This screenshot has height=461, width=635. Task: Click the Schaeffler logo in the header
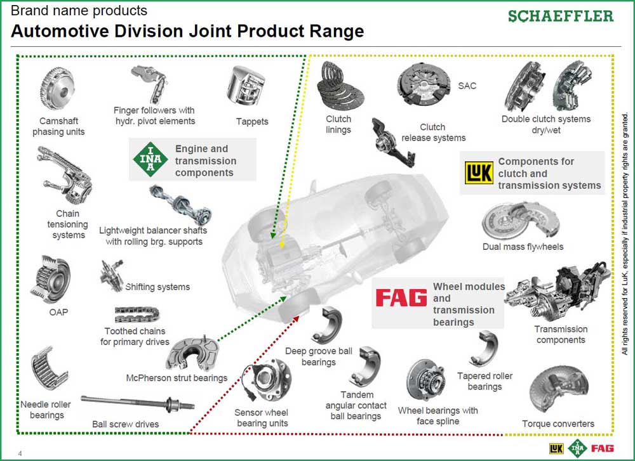[x=561, y=16]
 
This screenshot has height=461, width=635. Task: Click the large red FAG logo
[x=401, y=298]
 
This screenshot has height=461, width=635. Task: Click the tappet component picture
[x=244, y=91]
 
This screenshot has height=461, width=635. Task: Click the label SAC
[x=467, y=86]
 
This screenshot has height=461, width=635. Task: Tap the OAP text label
[x=58, y=312]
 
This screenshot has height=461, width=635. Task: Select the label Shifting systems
[x=157, y=287]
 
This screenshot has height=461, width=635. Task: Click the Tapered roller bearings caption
[x=485, y=381]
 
